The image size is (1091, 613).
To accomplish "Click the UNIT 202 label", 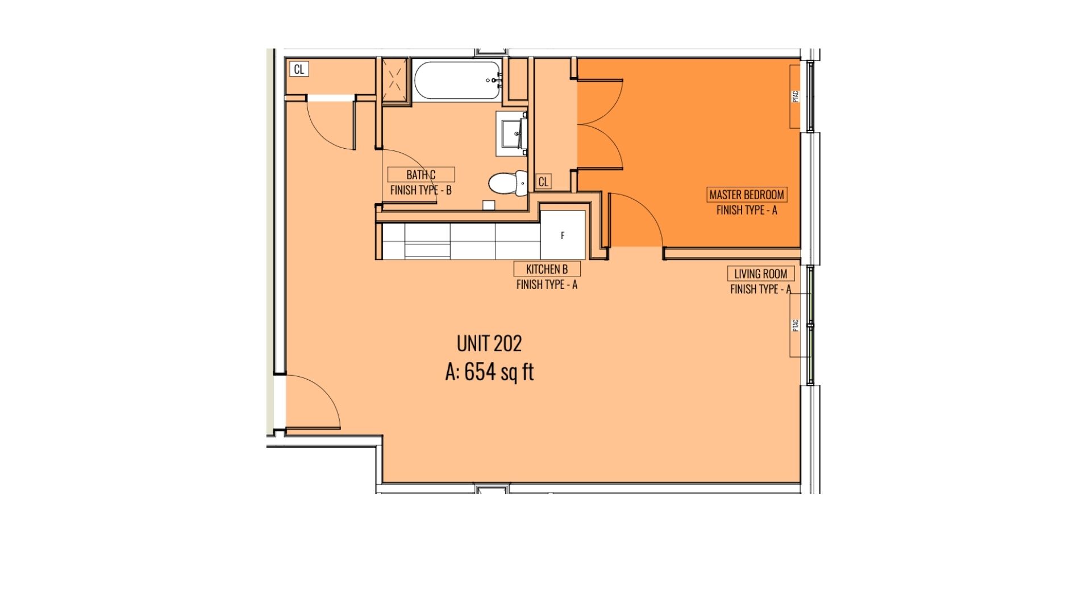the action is tap(489, 343).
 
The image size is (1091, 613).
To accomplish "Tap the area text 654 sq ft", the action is tap(499, 372).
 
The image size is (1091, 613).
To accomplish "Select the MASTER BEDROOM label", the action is tap(747, 195).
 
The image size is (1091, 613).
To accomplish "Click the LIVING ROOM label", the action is tap(761, 274).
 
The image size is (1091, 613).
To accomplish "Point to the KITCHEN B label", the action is tap(547, 268).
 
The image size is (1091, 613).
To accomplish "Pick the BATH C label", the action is tap(421, 174).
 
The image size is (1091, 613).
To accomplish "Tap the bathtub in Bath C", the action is tap(457, 81).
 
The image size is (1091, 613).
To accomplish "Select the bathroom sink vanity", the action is tap(512, 134).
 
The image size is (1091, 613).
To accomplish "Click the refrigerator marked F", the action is tap(563, 235).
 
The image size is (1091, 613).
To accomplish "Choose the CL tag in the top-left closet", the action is tap(299, 69).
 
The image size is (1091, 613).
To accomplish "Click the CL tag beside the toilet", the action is tap(543, 182).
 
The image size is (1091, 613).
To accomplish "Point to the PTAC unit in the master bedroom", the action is tap(796, 96).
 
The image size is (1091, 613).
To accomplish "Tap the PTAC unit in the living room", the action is tap(796, 325).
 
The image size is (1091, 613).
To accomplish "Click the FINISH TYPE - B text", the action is tap(421, 190).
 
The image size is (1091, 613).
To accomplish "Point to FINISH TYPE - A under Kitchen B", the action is tap(547, 284).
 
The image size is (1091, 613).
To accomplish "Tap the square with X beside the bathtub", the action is tap(395, 80).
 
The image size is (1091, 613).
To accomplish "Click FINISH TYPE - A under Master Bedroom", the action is tap(747, 210).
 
